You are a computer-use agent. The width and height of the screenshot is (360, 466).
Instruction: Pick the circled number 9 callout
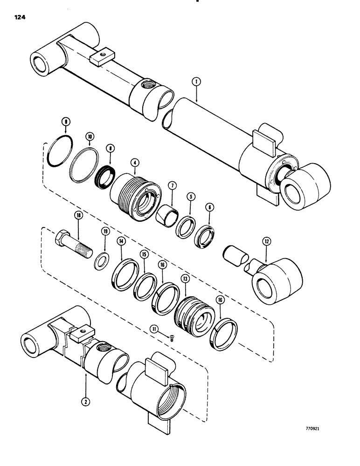coord(66,122)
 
